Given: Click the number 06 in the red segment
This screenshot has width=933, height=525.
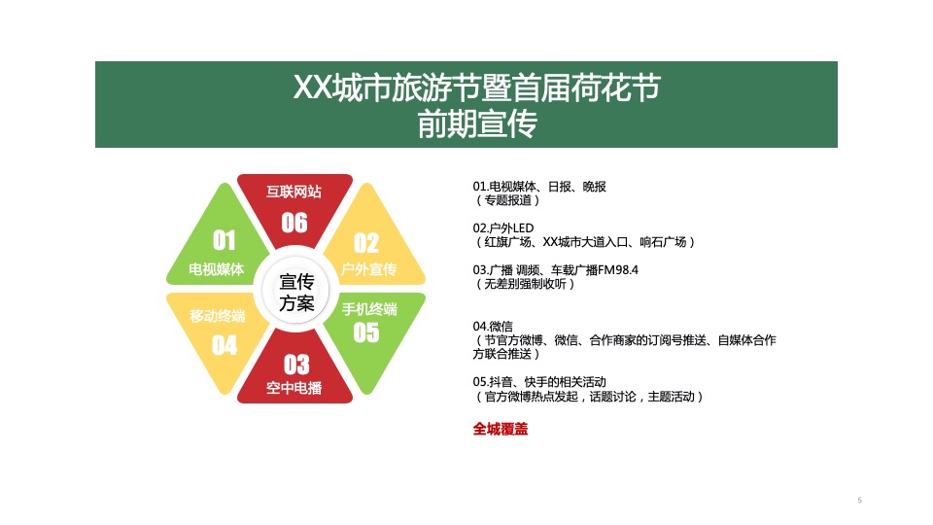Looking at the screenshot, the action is coord(294,223).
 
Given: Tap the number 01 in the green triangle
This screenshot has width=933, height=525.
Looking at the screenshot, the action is coord(225,240).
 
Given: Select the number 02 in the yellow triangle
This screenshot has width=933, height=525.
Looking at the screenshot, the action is coord(366,243).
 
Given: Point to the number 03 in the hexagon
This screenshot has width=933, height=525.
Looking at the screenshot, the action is coord(296,365).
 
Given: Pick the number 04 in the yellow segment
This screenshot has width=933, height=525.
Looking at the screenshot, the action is coord(225,345).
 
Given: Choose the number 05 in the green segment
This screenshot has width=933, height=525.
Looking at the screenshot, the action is coord(366,332).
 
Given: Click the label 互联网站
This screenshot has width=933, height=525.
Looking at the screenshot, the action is coord(294,192).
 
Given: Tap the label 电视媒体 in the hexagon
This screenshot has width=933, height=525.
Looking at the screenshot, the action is coord(217,269).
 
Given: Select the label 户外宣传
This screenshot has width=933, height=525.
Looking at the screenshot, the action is coord(369,269).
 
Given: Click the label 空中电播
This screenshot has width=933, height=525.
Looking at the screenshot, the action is coord(294,388).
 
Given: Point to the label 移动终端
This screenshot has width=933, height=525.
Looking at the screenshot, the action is coord(217,316).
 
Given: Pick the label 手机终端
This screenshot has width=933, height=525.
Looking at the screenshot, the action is coord(369,309).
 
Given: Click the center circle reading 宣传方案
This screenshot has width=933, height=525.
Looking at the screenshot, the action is coord(296,292).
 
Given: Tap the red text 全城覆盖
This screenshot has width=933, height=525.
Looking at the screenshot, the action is coord(501,429).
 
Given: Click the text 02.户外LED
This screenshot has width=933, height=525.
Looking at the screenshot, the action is coord(503,227).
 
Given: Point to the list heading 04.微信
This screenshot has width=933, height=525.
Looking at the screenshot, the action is coord(493,327).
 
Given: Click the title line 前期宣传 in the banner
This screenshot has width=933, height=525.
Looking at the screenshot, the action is coord(477,123).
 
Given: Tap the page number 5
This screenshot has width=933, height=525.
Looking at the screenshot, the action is coord(860,500).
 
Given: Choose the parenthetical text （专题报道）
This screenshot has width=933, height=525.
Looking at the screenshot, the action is coord(507,200).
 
